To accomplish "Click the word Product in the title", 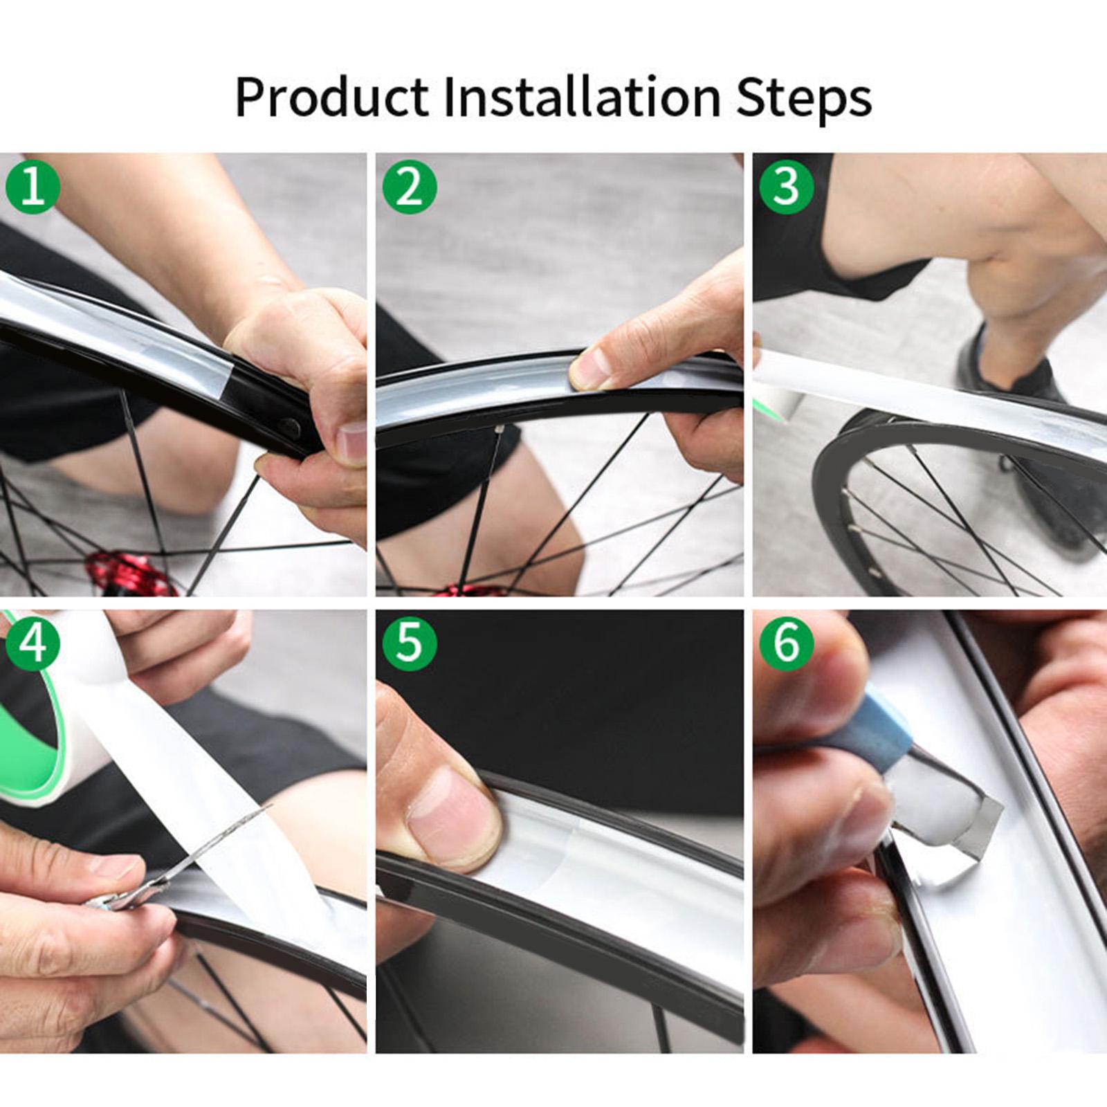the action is [331, 97].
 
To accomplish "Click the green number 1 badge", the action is [32, 186].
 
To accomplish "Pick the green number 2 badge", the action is [409, 186].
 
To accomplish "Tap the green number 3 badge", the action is [786, 186].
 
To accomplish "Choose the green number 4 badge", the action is [32, 643].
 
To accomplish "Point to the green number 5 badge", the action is [409, 643].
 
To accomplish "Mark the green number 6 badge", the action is [786, 643].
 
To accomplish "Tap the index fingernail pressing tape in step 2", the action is [589, 370].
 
